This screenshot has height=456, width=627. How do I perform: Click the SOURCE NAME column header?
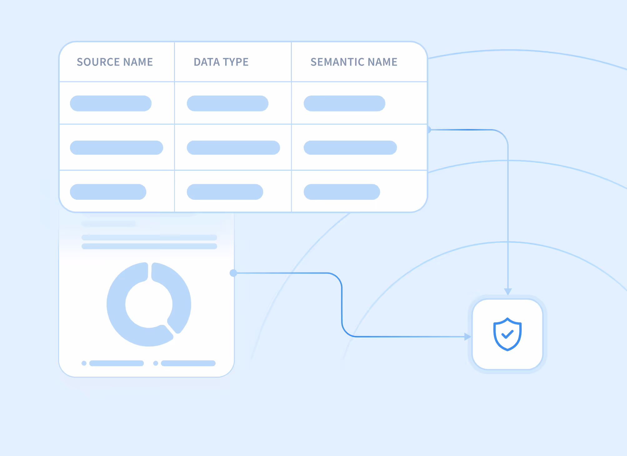tap(115, 62)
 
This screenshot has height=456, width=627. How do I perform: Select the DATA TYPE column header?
tap(221, 62)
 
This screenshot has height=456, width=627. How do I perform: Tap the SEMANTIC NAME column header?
tap(354, 62)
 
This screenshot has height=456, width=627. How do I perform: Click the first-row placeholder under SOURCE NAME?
tap(111, 103)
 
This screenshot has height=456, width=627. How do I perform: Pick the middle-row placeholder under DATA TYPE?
tap(233, 148)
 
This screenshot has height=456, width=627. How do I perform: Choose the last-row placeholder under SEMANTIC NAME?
tap(342, 192)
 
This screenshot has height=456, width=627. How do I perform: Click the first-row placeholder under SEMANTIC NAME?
tap(344, 103)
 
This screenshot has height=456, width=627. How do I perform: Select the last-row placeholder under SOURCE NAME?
tap(108, 192)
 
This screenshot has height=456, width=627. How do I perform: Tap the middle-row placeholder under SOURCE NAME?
tap(116, 148)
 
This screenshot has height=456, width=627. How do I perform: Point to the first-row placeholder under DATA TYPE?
tap(227, 103)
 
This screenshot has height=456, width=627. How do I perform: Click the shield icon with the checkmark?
tap(507, 334)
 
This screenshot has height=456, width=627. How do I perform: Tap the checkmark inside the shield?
tap(507, 335)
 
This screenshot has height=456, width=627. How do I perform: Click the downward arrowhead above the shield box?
tap(508, 292)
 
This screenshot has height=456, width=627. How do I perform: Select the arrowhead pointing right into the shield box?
tap(467, 337)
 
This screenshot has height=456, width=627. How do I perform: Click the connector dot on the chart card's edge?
tap(233, 273)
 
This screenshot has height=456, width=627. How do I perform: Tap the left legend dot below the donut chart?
tap(84, 363)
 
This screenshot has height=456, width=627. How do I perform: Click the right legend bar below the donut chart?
tap(188, 363)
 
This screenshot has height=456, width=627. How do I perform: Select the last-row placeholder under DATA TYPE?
tap(225, 192)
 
